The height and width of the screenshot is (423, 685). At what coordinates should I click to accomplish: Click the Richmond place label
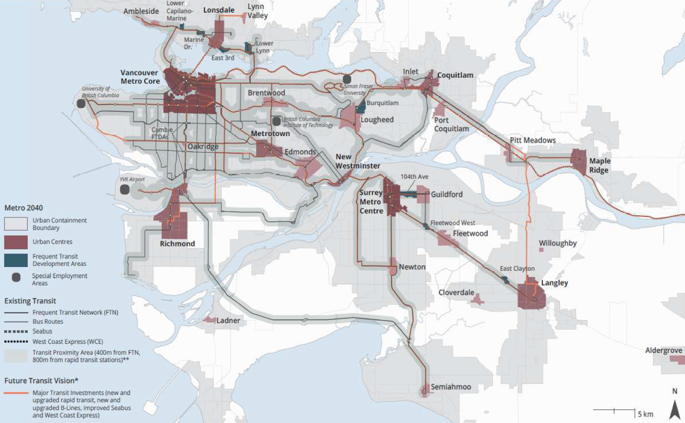point(177,244)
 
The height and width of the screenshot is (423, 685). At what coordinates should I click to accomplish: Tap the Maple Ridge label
point(599,166)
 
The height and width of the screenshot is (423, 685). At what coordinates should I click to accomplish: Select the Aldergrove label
point(663,350)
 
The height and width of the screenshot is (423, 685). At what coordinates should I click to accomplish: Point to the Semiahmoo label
point(450,387)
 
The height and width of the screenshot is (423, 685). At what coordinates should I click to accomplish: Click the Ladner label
point(228,320)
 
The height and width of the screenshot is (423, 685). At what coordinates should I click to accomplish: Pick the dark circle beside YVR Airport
point(125,189)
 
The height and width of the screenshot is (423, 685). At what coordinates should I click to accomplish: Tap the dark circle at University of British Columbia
point(81,104)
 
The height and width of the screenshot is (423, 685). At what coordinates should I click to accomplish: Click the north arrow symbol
point(675,408)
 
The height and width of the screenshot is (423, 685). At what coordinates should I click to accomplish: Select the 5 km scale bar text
point(645,414)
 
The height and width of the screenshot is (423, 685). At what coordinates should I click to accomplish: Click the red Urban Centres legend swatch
point(16,242)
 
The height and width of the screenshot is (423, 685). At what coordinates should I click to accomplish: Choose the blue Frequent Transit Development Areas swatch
point(16,260)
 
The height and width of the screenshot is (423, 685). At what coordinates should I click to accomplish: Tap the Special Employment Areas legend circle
point(16,278)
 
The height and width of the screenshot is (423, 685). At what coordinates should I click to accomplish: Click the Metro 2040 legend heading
point(24,208)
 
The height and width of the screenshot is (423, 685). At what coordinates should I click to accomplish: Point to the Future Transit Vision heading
point(41,381)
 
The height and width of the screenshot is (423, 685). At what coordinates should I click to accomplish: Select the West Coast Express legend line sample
point(16,342)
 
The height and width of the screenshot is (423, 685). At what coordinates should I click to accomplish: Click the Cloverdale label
point(456,293)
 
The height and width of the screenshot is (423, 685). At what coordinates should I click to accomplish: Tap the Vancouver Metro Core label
point(140,77)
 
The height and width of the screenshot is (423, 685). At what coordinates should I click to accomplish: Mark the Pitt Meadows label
point(533,140)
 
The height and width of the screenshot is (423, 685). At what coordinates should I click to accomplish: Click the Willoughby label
point(557,243)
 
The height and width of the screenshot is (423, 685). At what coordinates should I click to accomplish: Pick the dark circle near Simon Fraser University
point(347,79)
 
